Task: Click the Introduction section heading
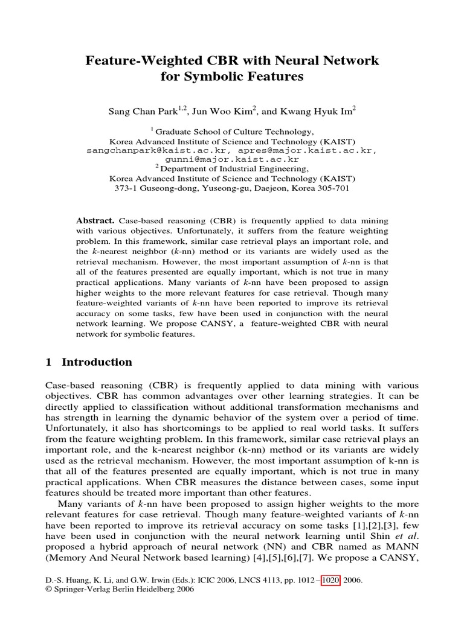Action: (97, 363)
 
